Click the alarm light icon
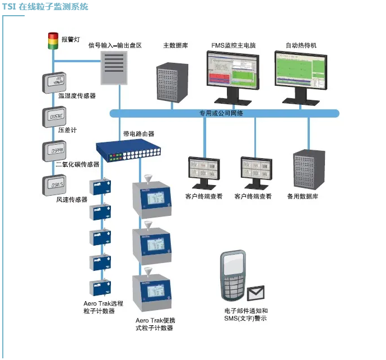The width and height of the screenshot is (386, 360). click(53, 41)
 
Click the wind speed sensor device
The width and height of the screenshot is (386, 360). click(55, 184)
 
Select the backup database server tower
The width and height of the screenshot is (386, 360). click(308, 170)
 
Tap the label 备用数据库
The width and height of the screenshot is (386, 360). click(303, 197)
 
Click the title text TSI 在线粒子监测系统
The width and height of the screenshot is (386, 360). click(45, 7)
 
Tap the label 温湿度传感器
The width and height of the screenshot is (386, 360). click(77, 96)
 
